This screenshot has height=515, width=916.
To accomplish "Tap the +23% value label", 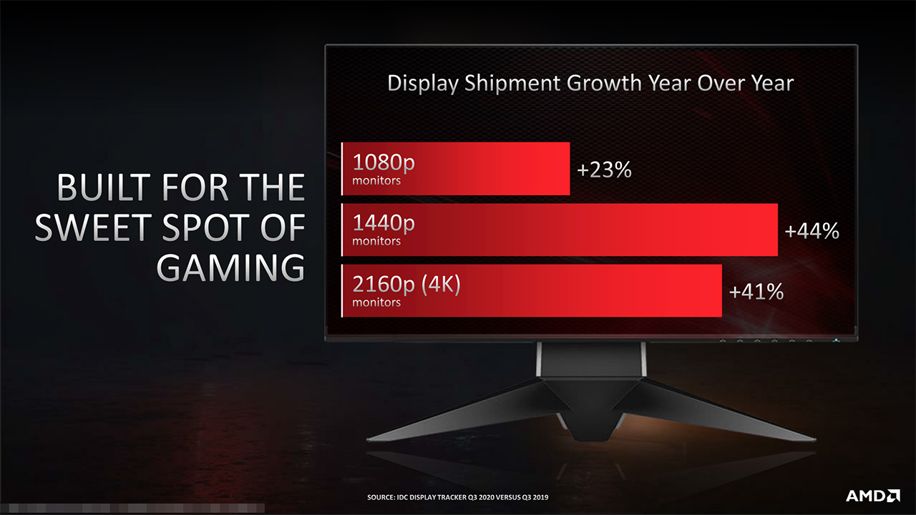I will pos(605,170).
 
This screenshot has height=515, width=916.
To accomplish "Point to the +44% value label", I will pos(812,231).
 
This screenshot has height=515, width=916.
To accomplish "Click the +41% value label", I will pos(756,292).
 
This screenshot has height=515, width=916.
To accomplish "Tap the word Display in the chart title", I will pos(423,83).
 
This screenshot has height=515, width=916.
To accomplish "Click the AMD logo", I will pos(872,495).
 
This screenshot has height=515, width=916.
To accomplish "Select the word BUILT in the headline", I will pos(104,188).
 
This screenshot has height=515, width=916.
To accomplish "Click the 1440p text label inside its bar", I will pos(384,224).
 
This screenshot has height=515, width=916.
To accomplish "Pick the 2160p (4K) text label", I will pos(406,285).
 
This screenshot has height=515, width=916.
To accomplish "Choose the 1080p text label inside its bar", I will pos(384,163).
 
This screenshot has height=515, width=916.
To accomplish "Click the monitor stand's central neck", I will pos(592,365).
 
